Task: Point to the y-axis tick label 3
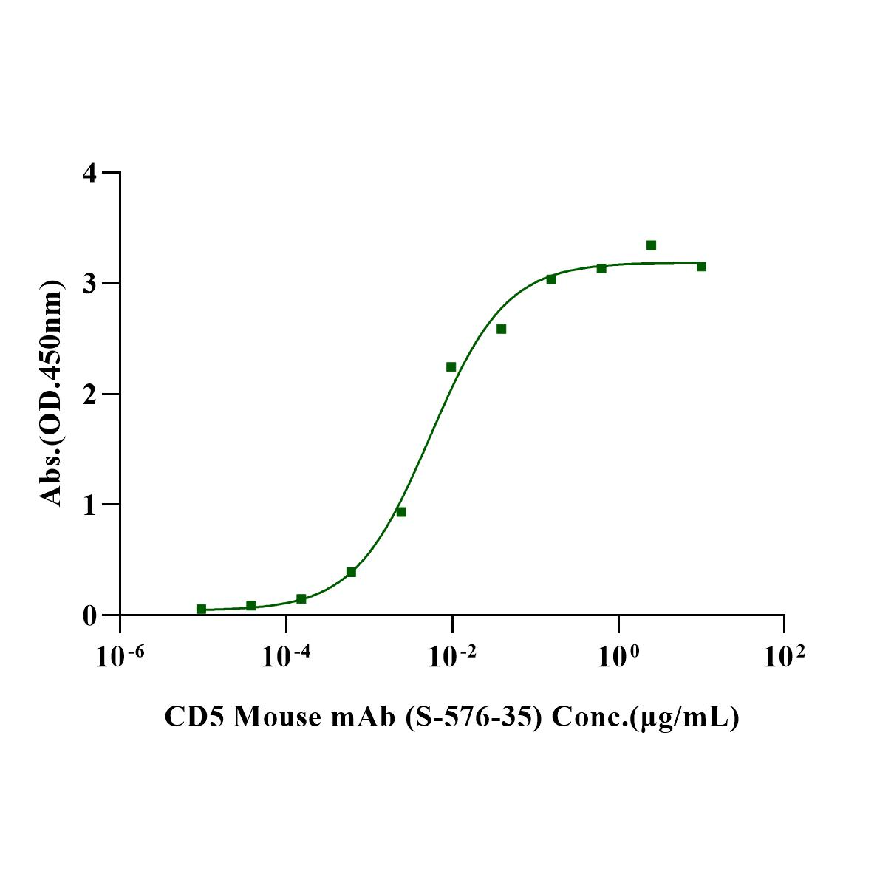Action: point(89,284)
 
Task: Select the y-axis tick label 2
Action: point(89,394)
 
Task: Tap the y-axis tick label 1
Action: point(89,505)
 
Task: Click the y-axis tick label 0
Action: point(89,615)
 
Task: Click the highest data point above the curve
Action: point(651,245)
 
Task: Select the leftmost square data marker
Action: point(201,609)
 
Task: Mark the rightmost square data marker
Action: point(701,266)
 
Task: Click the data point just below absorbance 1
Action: point(401,511)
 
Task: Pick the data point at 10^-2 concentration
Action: point(451,366)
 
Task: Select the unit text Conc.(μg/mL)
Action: point(646,717)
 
